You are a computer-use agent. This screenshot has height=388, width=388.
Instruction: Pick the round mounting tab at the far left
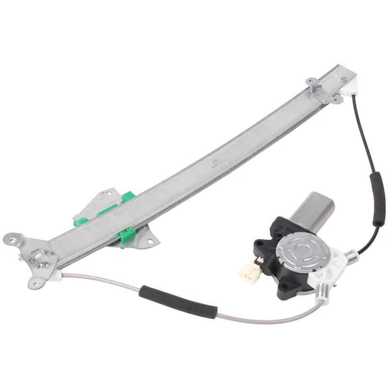(x=12, y=238)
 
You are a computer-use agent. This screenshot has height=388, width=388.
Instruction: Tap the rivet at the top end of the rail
(x=344, y=78)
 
